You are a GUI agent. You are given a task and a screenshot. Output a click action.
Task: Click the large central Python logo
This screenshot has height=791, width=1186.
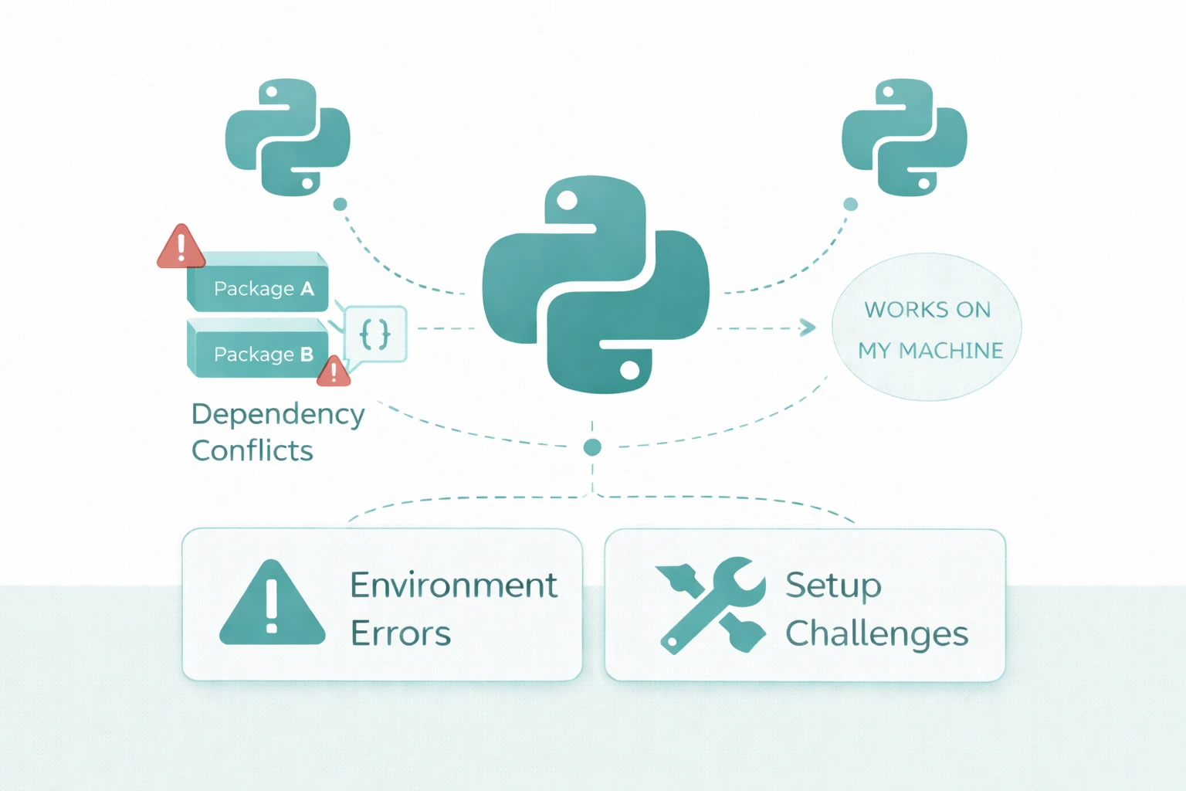595,284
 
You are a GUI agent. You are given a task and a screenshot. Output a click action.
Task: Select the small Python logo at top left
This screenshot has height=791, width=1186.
287,137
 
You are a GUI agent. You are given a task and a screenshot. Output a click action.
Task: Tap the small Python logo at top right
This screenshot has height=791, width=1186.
904,137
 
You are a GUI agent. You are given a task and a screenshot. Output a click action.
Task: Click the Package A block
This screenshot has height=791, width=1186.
259,284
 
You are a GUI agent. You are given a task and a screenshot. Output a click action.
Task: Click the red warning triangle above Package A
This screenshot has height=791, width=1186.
181,248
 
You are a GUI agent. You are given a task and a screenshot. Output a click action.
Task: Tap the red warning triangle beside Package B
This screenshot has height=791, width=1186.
334,372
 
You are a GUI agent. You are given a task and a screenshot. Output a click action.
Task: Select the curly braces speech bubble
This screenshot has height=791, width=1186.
375,334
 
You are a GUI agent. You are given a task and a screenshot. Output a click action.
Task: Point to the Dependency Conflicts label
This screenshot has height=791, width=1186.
277,432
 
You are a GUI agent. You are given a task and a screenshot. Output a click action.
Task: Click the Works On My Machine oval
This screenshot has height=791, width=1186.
927,328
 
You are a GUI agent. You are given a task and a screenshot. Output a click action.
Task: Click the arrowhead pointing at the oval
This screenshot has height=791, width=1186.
807,328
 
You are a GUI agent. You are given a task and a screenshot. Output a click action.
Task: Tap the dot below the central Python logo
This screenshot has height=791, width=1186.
592,446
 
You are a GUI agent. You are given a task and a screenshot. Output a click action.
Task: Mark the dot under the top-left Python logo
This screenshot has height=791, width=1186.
340,204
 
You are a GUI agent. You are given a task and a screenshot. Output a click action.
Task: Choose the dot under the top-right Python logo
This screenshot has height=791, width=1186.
850,204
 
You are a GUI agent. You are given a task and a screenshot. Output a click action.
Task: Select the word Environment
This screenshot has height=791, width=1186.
453,585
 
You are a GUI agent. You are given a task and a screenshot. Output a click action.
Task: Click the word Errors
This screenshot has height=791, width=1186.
400,634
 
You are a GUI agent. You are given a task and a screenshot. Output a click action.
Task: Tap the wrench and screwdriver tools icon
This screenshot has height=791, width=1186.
710,605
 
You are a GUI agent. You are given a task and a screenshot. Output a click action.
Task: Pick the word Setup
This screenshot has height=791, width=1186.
833,586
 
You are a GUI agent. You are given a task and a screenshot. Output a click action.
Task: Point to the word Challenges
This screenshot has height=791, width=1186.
876,634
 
